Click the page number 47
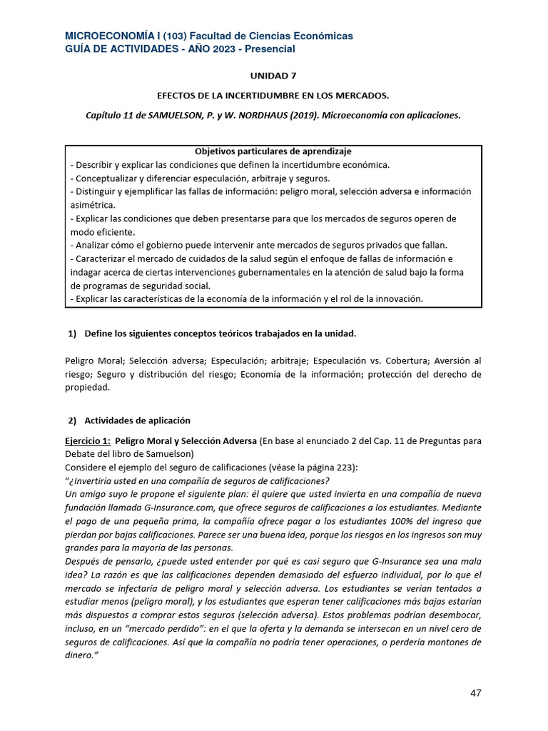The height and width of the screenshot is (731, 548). [476, 693]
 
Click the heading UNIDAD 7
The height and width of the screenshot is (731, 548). [273, 75]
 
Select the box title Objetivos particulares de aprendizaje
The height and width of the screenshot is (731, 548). [273, 151]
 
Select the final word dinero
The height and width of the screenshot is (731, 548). [80, 655]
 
